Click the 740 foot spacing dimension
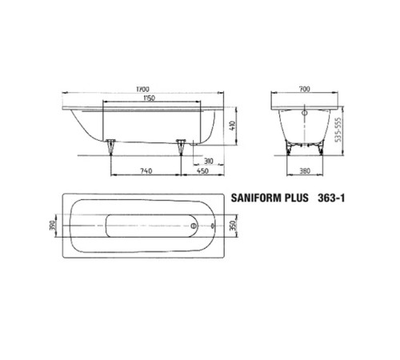coord(146,170)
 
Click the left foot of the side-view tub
coord(110,146)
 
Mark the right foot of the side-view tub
coord(182,146)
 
